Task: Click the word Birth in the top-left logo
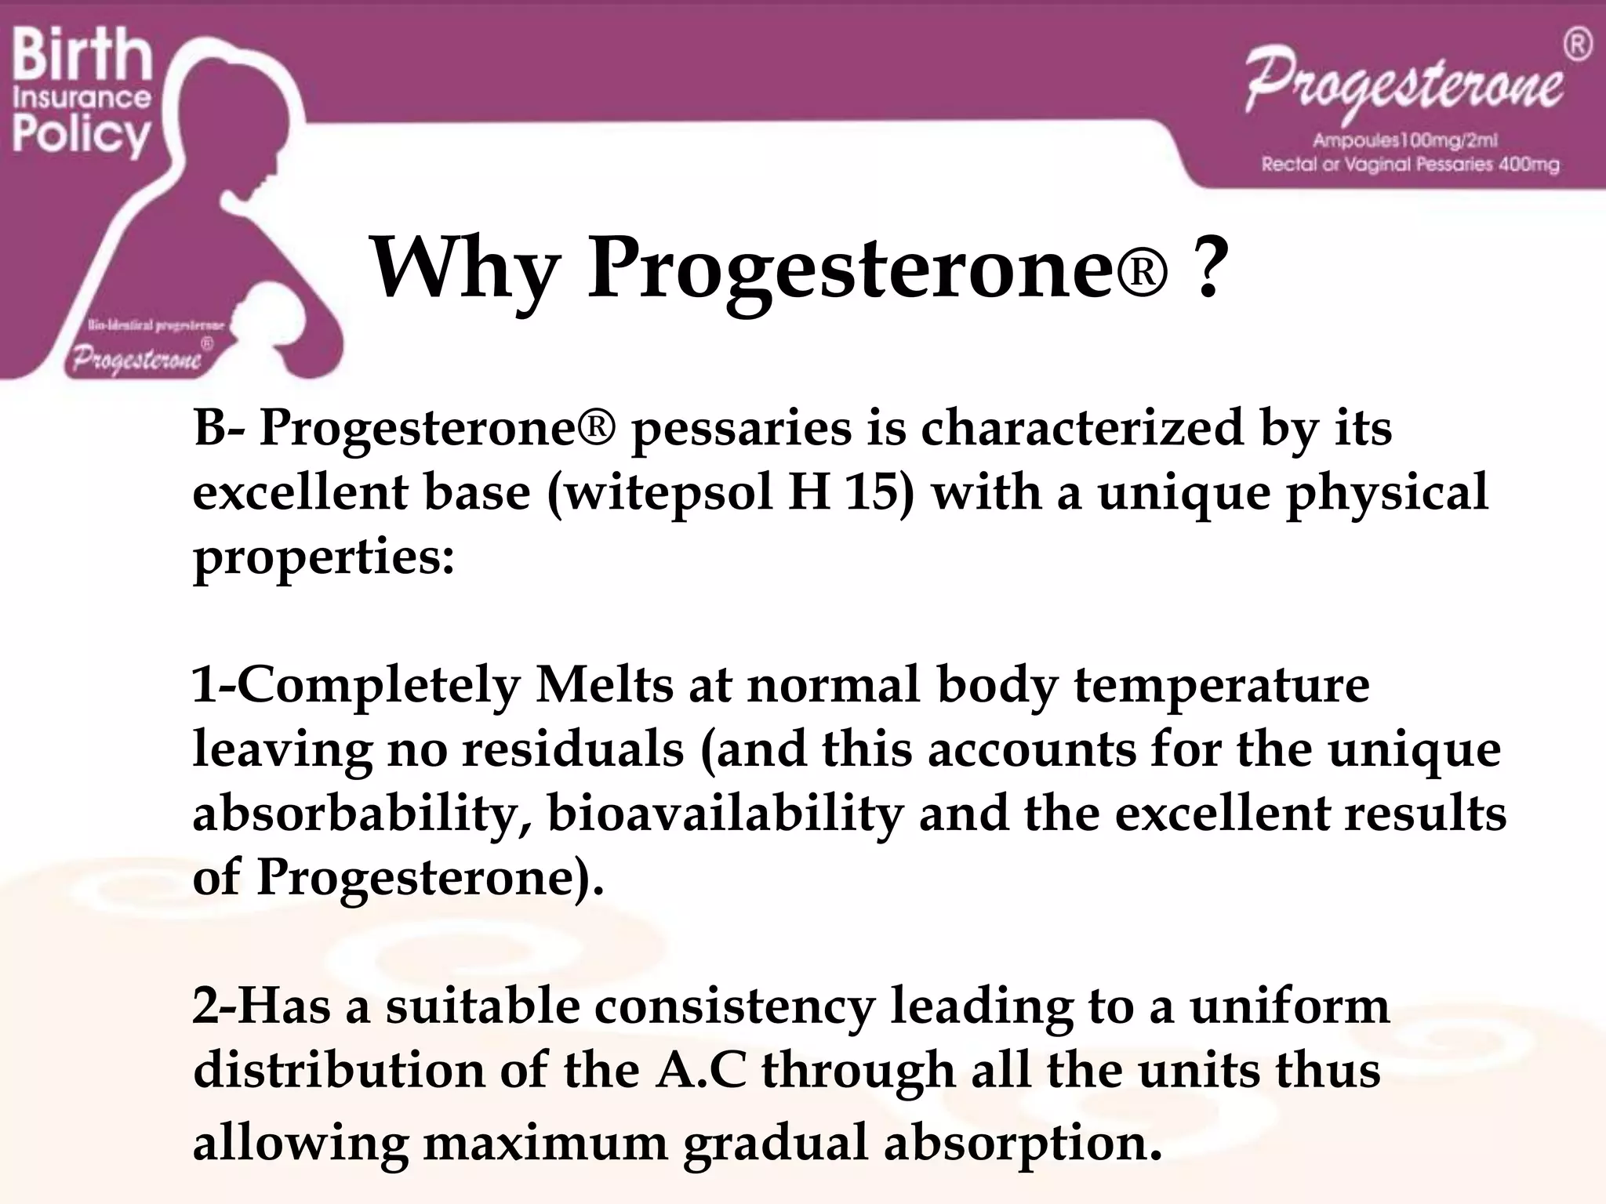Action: point(82,55)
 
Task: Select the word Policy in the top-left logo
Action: point(82,135)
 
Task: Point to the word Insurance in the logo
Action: point(82,98)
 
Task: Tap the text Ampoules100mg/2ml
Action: point(1405,141)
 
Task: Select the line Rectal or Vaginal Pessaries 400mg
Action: point(1410,165)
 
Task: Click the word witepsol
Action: point(661,493)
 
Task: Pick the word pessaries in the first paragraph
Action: point(741,430)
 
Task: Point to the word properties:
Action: point(324,558)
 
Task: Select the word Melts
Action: point(604,685)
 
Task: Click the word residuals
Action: point(572,749)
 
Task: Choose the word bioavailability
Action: point(725,814)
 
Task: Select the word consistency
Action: point(734,1007)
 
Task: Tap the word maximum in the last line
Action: point(546,1143)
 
